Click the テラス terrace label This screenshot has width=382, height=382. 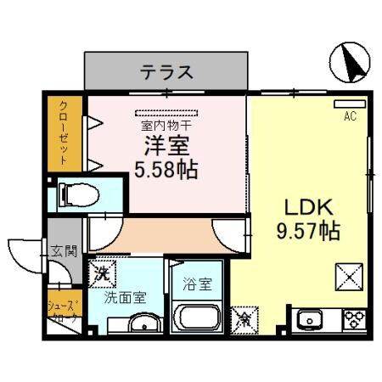[166, 71]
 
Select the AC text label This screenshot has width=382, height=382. [349, 118]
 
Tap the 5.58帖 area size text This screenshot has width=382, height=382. [166, 169]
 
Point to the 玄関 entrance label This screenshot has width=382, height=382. [64, 251]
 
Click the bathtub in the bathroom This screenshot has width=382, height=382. [195, 321]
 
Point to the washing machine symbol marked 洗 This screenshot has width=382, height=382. [102, 273]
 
